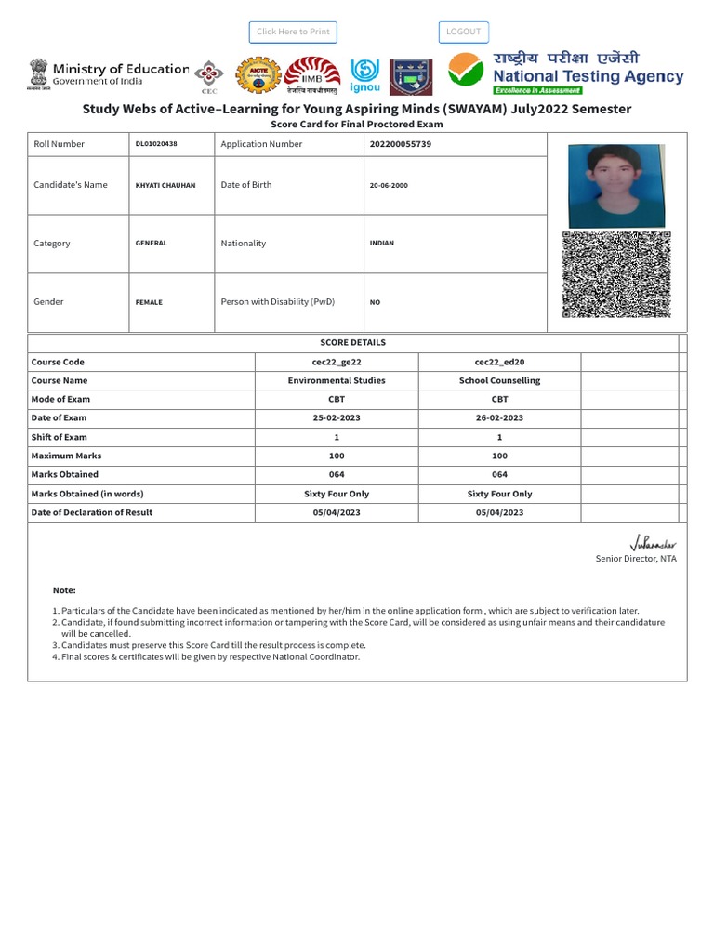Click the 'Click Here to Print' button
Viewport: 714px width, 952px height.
293,32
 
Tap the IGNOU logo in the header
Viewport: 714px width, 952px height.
364,76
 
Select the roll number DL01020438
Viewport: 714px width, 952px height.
156,144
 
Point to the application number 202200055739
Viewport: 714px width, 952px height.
400,144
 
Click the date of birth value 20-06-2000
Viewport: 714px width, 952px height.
389,186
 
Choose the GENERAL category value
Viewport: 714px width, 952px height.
152,244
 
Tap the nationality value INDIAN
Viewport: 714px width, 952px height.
381,244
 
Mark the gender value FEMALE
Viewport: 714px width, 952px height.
149,302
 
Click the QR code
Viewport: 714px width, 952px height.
616,274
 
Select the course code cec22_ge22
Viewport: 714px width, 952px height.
337,362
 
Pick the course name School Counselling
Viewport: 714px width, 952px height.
499,380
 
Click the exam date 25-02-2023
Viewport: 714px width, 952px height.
337,418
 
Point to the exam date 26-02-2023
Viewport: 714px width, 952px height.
499,418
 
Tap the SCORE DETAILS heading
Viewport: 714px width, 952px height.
352,342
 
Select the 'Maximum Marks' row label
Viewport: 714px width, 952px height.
66,456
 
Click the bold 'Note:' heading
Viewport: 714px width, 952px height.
64,590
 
